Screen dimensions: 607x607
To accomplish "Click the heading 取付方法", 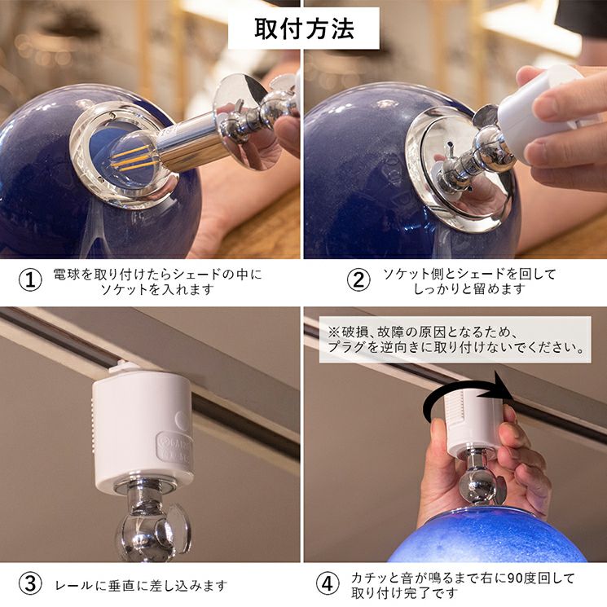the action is click(x=304, y=29).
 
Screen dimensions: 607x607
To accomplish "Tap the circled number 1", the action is click(x=30, y=280).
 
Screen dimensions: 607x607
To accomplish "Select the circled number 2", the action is click(x=358, y=280).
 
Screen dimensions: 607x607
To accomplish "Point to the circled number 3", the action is click(x=30, y=583).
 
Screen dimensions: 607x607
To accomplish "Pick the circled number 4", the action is click(x=328, y=583).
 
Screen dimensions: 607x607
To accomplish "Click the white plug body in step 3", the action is click(x=143, y=429).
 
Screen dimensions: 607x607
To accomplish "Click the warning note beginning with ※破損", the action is click(x=455, y=340).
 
